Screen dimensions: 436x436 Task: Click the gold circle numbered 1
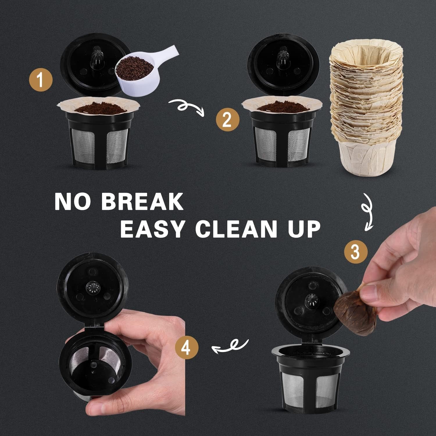click(41, 80)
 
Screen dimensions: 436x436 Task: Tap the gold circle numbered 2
click(227, 119)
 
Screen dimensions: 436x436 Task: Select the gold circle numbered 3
click(355, 252)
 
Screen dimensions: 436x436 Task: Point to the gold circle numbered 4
click(187, 348)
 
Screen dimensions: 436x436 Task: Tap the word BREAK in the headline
click(142, 201)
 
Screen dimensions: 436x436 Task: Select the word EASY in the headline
click(152, 229)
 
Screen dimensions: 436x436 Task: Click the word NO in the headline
click(72, 201)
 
